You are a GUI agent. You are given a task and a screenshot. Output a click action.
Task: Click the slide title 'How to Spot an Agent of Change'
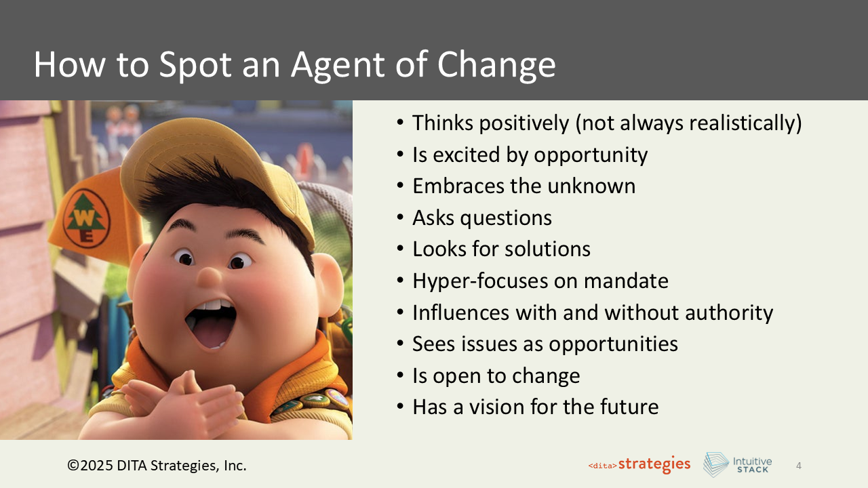[x=294, y=64]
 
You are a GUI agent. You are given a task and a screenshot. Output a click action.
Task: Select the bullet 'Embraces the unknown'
[x=524, y=186]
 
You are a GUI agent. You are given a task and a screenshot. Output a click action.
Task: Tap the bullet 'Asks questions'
[x=481, y=218]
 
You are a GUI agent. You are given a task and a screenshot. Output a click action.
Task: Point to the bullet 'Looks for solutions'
[x=501, y=249]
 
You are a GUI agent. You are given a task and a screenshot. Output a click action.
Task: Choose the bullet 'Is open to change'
[x=496, y=375]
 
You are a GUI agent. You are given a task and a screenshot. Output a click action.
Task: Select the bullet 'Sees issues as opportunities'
[x=545, y=344]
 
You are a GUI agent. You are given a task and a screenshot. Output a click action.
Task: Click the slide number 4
[x=798, y=466]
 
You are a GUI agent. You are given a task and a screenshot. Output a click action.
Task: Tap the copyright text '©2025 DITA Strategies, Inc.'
[x=157, y=466]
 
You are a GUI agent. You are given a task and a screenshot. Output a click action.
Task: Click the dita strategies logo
[x=639, y=465]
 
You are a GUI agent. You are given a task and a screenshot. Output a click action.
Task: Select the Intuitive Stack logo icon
[x=715, y=465]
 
